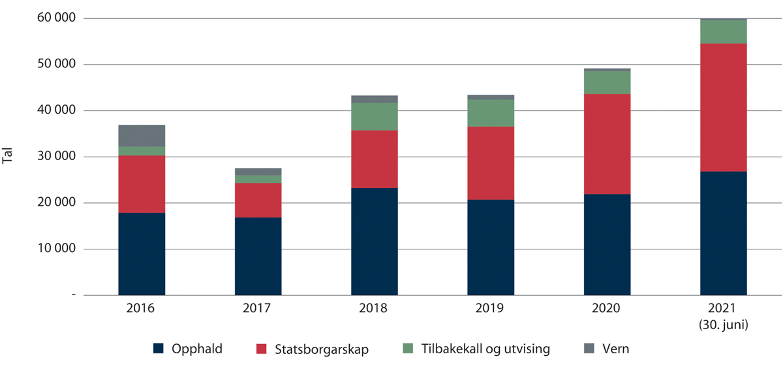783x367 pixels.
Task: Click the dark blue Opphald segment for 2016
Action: tap(142, 253)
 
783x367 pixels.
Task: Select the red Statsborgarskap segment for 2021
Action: tap(723, 108)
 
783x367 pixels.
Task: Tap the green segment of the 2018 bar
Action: tap(374, 116)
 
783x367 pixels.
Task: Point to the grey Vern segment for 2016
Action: tap(142, 135)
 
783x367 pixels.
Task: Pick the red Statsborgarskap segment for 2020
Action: tap(607, 144)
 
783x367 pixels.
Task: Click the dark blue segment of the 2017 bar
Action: tap(258, 256)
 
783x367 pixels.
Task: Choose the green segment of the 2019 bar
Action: tap(491, 113)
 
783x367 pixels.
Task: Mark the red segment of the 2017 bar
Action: tap(258, 200)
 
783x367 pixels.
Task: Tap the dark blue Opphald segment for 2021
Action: tap(723, 233)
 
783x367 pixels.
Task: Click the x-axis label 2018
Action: tap(374, 308)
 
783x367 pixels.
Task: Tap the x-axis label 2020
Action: tap(607, 308)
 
